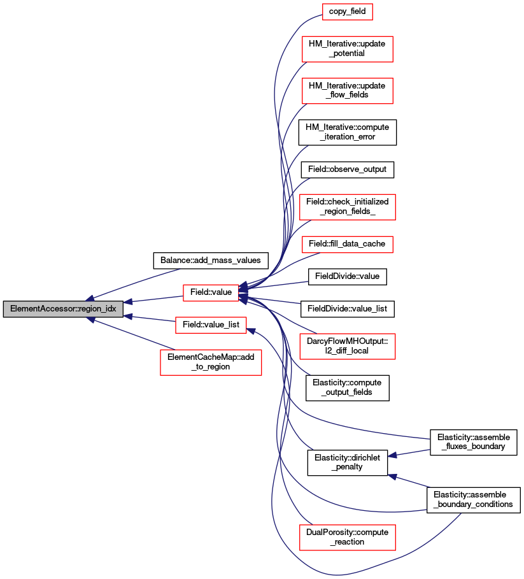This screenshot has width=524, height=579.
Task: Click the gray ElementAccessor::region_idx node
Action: (x=62, y=309)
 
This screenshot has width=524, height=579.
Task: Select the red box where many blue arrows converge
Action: (x=211, y=293)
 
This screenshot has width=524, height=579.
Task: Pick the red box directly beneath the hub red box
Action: (x=211, y=325)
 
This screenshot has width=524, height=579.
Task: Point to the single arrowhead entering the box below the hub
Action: (x=251, y=331)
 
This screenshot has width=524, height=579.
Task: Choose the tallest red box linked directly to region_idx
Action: (x=211, y=362)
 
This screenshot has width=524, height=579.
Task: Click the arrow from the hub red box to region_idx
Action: (x=153, y=298)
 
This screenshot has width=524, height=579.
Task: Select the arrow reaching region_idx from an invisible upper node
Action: (x=134, y=283)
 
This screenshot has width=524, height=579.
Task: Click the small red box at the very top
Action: (x=347, y=11)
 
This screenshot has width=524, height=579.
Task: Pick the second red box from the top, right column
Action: (x=347, y=49)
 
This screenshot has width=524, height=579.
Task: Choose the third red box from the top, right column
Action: (x=347, y=91)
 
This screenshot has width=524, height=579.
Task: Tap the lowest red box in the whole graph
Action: (x=347, y=538)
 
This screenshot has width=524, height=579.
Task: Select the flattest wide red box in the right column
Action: (x=347, y=244)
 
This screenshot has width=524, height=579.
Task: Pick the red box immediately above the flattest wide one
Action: (x=347, y=207)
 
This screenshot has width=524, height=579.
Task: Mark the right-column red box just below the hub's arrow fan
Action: (x=347, y=347)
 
